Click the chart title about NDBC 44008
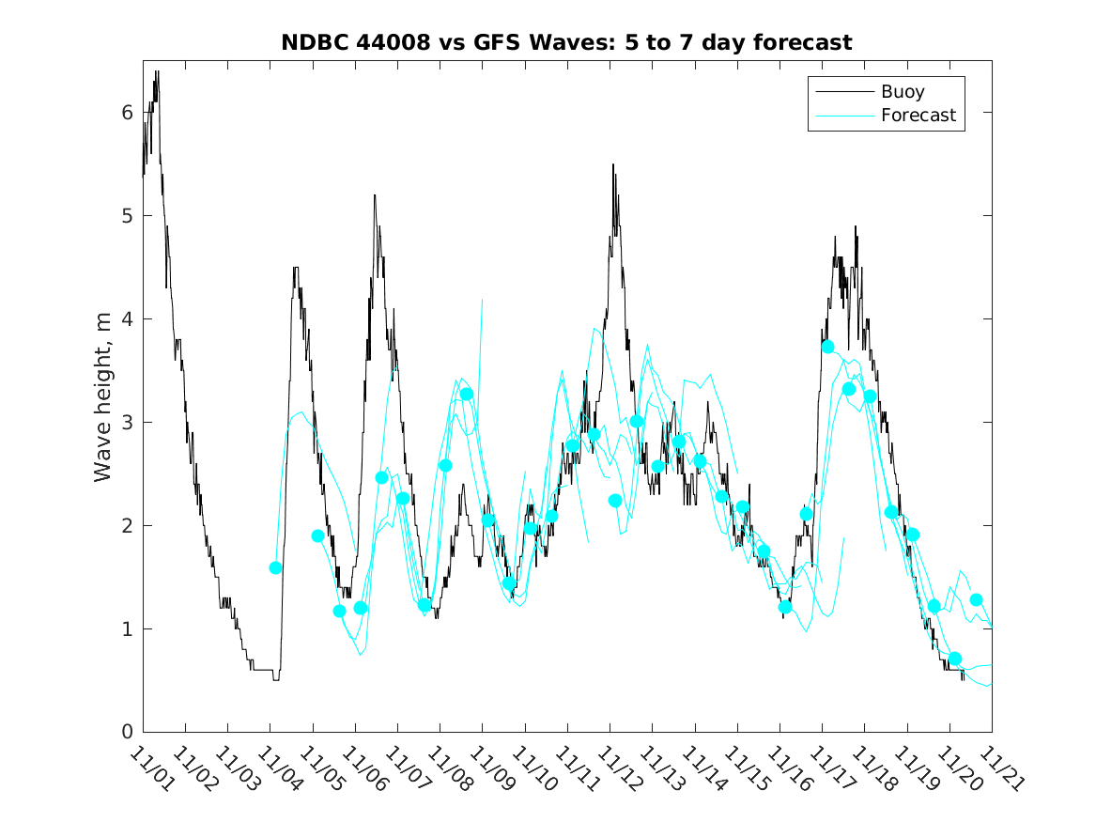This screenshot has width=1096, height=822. tap(566, 42)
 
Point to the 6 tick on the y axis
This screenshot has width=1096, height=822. tap(129, 113)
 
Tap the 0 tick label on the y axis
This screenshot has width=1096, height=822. tap(129, 732)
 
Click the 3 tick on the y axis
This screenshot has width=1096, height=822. tap(129, 422)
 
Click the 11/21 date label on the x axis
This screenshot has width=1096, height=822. tap(998, 768)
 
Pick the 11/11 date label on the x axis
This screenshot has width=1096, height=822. tap(575, 768)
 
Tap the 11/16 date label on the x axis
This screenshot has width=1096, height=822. tap(787, 768)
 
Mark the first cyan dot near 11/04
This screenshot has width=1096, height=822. tap(275, 567)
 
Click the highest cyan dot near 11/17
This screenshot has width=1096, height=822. tap(827, 347)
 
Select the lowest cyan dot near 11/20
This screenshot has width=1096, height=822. tap(955, 659)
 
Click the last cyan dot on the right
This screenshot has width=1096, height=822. tap(976, 599)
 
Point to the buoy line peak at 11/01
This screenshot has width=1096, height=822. tap(157, 71)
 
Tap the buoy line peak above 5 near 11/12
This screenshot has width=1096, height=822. tap(613, 164)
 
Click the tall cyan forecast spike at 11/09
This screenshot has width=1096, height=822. tap(482, 300)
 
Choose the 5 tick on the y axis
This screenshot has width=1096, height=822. tap(129, 216)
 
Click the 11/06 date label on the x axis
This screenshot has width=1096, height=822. tap(363, 768)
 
